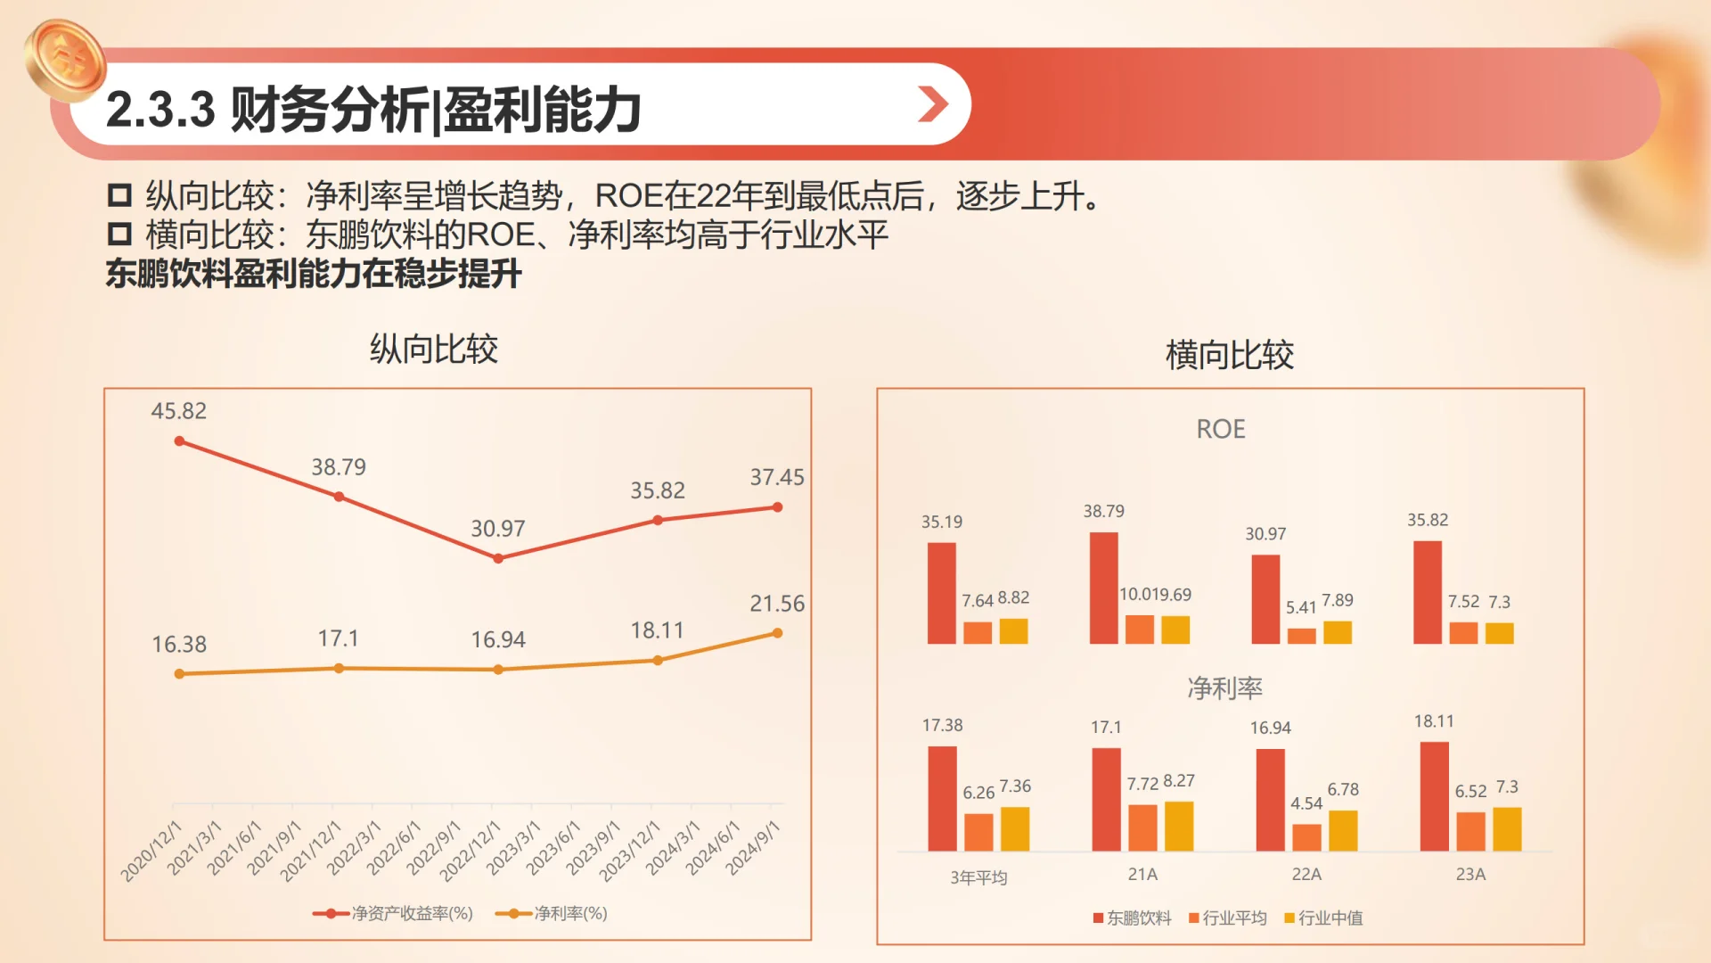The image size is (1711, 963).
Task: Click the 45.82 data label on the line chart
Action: click(x=178, y=411)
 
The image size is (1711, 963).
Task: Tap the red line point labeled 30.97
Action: click(x=498, y=559)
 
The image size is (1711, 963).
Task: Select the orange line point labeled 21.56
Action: click(x=777, y=633)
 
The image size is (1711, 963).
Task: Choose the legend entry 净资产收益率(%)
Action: click(x=393, y=913)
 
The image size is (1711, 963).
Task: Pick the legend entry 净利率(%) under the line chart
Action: click(x=552, y=913)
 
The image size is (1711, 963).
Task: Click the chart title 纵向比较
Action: click(x=434, y=350)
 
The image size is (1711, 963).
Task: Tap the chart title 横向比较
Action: click(x=1230, y=355)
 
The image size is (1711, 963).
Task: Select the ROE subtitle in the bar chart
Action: click(x=1221, y=430)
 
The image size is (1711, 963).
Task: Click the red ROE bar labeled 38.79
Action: click(x=1103, y=588)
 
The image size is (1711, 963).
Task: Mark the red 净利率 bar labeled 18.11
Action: click(x=1434, y=796)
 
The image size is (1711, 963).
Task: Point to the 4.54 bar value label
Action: click(x=1306, y=803)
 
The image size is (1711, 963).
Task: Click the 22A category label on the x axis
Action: click(x=1306, y=875)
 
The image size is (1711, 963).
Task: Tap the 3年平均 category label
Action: click(x=978, y=877)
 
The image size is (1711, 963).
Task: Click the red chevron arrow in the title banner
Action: click(x=932, y=104)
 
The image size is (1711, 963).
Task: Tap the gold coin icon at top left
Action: click(x=65, y=60)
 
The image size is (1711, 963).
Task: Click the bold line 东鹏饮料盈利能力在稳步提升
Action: click(x=314, y=274)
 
